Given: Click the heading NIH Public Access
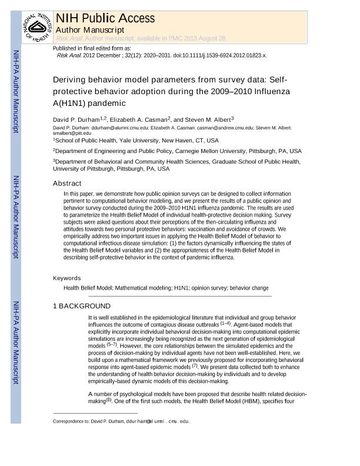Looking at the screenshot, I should click(105, 18).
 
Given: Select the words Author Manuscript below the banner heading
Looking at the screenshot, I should click(89, 29).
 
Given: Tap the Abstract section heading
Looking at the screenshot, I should click(67, 184).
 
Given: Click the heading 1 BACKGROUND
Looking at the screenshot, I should click(82, 306).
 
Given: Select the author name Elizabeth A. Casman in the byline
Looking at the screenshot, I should click(138, 119).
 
